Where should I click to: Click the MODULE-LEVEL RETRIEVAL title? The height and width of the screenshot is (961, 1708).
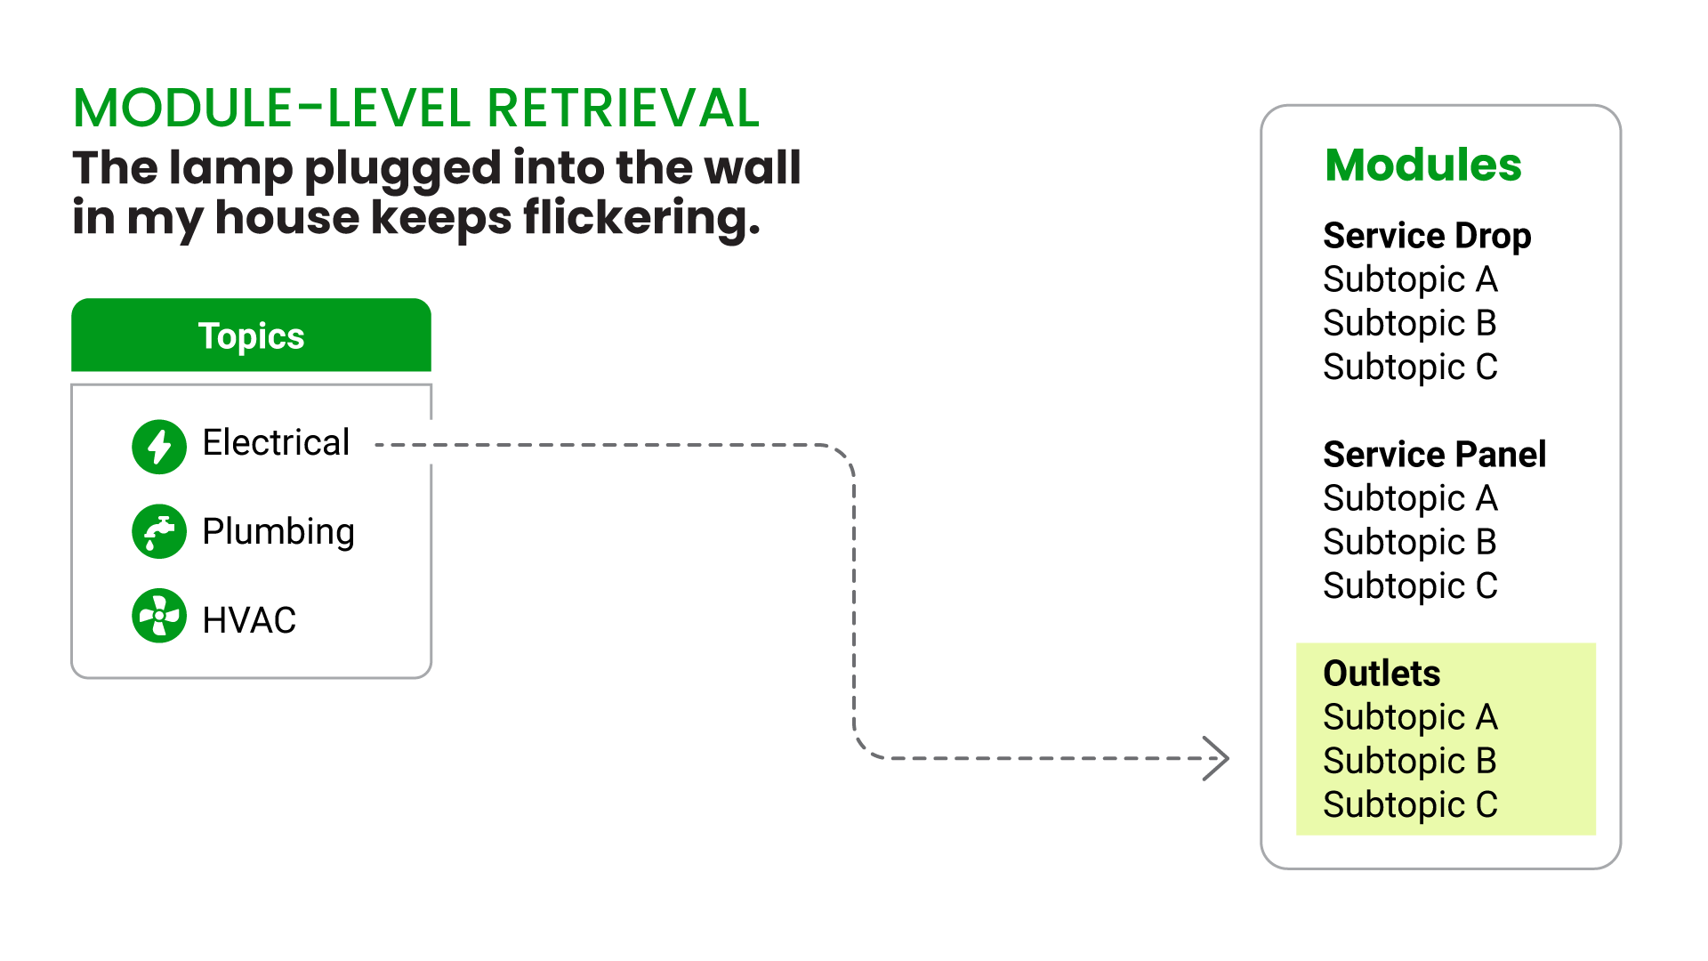(415, 109)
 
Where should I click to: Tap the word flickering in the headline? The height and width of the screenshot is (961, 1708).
(641, 217)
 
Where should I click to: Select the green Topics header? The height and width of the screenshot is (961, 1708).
(251, 335)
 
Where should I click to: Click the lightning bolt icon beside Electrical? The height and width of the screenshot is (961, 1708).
(159, 446)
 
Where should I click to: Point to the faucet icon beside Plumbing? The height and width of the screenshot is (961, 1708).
(159, 532)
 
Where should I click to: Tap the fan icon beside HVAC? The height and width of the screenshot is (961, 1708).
(159, 616)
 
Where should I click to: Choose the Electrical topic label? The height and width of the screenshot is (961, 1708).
(276, 442)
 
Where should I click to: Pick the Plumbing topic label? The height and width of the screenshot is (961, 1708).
(278, 531)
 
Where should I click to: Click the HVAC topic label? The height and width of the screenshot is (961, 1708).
(249, 619)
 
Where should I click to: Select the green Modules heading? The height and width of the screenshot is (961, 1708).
(1422, 165)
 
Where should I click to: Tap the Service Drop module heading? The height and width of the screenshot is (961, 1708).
(1427, 236)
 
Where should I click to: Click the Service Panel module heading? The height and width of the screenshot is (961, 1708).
(1434, 455)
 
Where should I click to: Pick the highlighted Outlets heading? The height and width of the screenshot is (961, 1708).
(1382, 674)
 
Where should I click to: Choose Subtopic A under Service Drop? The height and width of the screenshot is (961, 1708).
(1410, 279)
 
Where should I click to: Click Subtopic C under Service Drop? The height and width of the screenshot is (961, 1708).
(1410, 367)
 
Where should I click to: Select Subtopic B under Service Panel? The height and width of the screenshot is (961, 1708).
(1410, 542)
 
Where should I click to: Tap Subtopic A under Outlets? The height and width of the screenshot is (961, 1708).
(1410, 717)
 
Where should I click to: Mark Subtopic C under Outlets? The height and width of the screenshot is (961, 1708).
(1410, 804)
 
